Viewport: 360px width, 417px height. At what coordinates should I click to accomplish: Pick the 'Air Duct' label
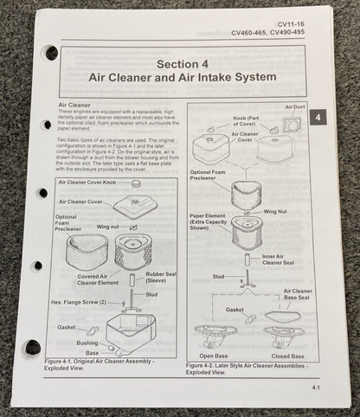[297, 107]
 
